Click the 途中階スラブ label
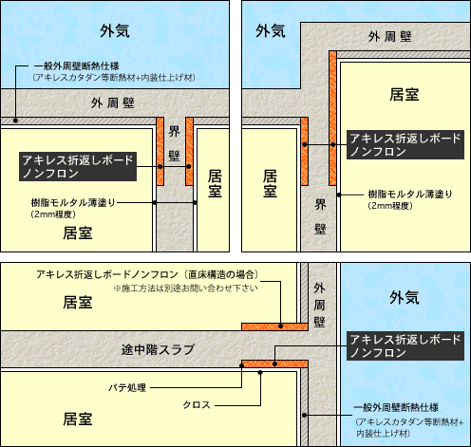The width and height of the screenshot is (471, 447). tap(158, 349)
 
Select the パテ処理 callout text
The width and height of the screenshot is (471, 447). tap(127, 387)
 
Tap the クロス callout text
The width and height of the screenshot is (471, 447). tap(197, 405)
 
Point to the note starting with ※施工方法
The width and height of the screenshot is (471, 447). tap(186, 289)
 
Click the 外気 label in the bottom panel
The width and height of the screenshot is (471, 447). tap(405, 298)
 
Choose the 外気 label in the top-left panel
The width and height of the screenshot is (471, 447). tap(115, 31)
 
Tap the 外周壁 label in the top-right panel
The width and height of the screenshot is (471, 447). tap(390, 37)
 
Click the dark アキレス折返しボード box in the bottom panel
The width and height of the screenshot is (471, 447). tap(405, 345)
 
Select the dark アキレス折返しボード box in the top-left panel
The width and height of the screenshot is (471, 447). tap(78, 167)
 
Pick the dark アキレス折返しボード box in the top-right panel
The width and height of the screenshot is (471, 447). tap(405, 144)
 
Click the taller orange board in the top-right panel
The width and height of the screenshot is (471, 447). tap(332, 118)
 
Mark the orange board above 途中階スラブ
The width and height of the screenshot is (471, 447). tap(274, 326)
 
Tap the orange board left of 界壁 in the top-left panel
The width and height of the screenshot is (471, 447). tap(160, 151)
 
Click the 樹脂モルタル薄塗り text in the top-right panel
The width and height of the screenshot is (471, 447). tap(410, 194)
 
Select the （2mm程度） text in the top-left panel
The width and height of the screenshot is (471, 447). tap(53, 214)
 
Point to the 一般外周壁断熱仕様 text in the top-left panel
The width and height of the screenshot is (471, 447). tap(77, 66)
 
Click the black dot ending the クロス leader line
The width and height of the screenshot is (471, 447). tap(260, 372)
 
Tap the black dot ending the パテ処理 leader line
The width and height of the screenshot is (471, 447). tap(242, 365)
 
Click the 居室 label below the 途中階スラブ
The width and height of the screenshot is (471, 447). tap(78, 419)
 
